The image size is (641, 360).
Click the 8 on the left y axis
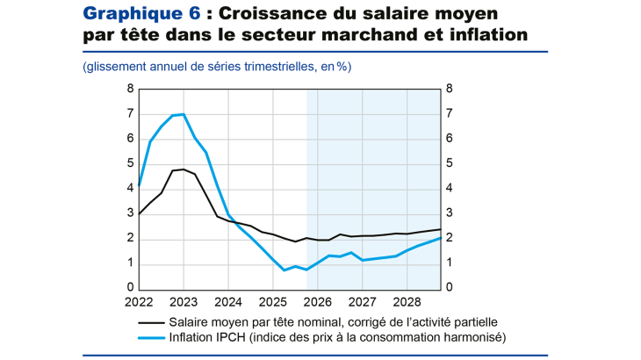(x=130, y=89)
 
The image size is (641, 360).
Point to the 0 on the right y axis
(x=449, y=288)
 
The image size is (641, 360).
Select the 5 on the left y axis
(x=130, y=163)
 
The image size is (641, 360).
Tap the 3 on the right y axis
(x=449, y=213)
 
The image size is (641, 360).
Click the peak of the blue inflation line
(x=183, y=114)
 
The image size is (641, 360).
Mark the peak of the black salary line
(x=183, y=169)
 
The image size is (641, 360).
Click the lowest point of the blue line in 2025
(x=284, y=270)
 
